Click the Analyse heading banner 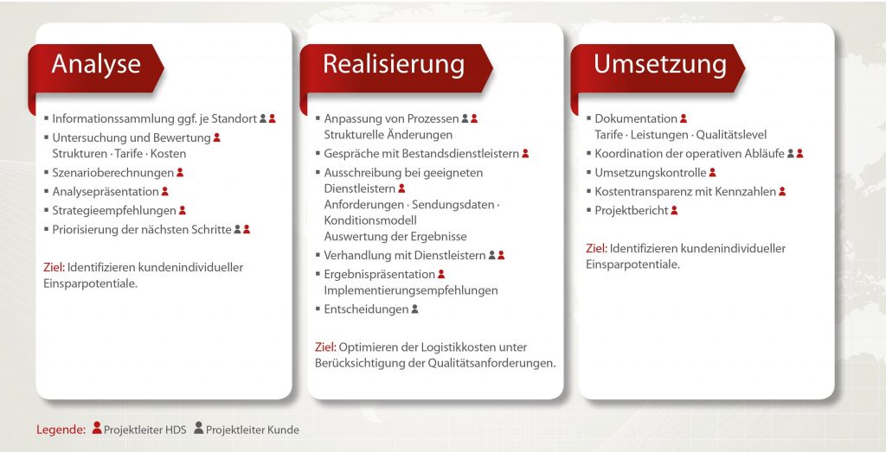pos(96,68)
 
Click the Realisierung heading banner pos(396,68)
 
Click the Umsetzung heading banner pos(658,68)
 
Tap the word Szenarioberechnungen pos(113,173)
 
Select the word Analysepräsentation pos(106,191)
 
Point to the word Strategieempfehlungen pos(114,211)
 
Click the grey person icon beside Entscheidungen pos(414,309)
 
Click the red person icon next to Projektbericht pos(674,210)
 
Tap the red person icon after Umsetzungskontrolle pos(713,172)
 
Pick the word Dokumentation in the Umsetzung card pos(636,118)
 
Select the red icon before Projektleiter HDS pos(97,428)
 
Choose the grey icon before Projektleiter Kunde pos(199,428)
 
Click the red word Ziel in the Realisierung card pos(325,347)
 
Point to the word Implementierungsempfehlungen pos(411,290)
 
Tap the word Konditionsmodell pos(370,220)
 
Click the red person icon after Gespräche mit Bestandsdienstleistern pos(525,153)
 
